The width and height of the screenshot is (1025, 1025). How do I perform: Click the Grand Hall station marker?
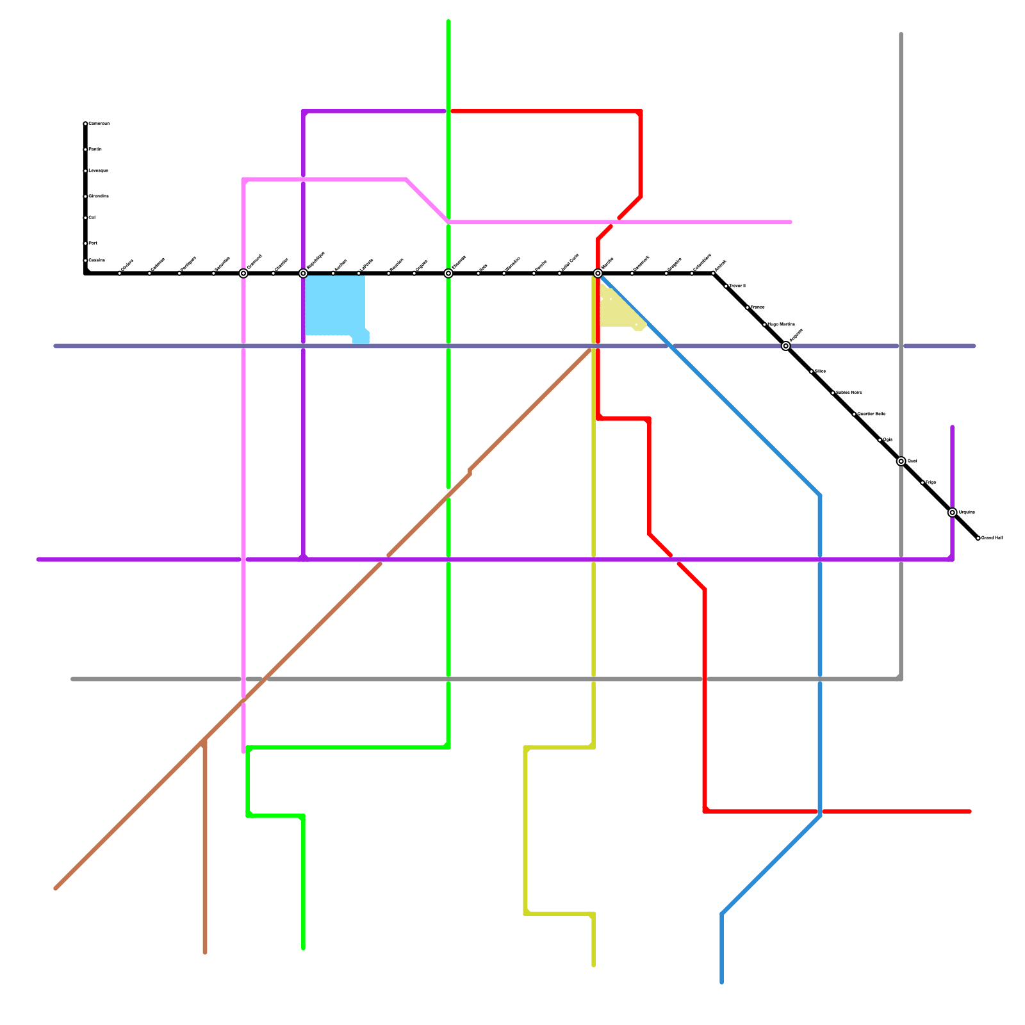coord(978,538)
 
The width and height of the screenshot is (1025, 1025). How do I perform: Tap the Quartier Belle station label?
coord(871,414)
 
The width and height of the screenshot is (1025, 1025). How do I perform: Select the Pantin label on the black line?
coord(95,149)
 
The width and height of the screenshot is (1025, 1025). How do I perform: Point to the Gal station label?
coord(92,218)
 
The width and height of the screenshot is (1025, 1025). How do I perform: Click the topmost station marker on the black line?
coord(85,124)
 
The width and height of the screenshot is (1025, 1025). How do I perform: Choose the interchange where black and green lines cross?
coord(448,274)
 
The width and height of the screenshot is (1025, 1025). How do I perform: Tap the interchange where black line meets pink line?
coord(243,274)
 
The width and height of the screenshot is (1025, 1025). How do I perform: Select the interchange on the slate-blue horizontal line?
coord(786,346)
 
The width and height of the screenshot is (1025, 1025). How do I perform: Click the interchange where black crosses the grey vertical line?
coord(901,461)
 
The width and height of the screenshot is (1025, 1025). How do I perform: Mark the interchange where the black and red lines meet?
coord(598,274)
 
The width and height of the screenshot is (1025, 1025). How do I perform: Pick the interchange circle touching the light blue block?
coord(303,274)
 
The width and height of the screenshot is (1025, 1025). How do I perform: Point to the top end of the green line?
coord(448,22)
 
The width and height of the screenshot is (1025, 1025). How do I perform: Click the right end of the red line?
coord(970,812)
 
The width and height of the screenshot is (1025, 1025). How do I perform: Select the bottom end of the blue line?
coord(722,981)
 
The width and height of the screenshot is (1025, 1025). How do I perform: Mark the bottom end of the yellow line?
coord(594,965)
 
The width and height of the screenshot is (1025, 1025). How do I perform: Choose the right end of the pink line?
coord(791,222)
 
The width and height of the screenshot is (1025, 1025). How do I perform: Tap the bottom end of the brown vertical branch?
coord(205,952)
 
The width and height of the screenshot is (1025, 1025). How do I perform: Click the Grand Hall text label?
coord(992,538)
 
